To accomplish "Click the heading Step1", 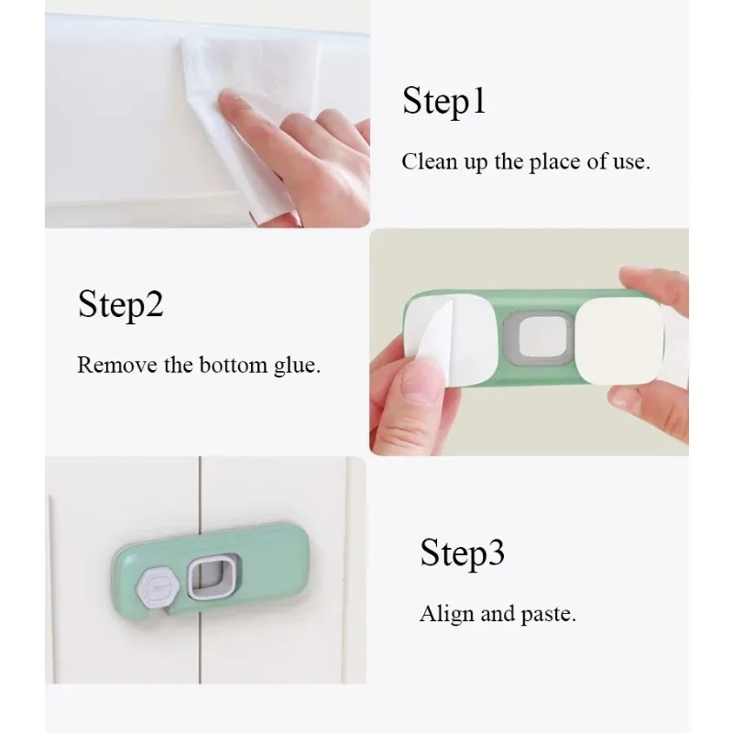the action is (x=443, y=101).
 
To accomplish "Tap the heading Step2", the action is (x=121, y=305).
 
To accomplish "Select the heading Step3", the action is (x=462, y=553).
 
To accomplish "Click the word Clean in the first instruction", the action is (x=429, y=162).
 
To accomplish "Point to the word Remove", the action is (x=117, y=365).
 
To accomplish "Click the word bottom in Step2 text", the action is (x=234, y=365).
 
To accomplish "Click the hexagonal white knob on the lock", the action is (x=159, y=588).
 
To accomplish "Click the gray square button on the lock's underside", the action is (x=539, y=337).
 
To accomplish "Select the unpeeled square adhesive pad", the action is (x=619, y=341).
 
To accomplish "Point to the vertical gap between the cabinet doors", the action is (x=200, y=569).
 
